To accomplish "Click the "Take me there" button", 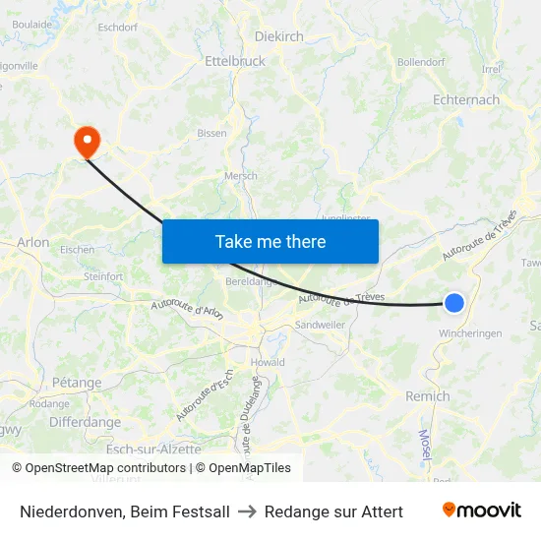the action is point(270,241).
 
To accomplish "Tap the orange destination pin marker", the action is point(88,142).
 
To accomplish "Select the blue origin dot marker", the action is point(453,303).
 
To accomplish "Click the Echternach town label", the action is point(466,99).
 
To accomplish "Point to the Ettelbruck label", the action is point(235,61).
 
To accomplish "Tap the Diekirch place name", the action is point(279,35).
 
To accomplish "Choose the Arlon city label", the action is point(33,242).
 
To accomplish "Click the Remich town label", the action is point(428,396).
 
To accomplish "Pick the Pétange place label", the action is point(77,383).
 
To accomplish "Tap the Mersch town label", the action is point(241,176).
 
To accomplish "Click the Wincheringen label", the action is point(471,333).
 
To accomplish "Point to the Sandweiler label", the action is point(321,325).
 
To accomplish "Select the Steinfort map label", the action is point(103,276).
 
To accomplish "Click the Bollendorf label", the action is point(421,62).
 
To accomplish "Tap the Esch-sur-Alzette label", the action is point(153,449).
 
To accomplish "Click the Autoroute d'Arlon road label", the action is point(188,309).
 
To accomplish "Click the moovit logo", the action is point(481,511).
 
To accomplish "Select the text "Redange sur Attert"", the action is point(333,511).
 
